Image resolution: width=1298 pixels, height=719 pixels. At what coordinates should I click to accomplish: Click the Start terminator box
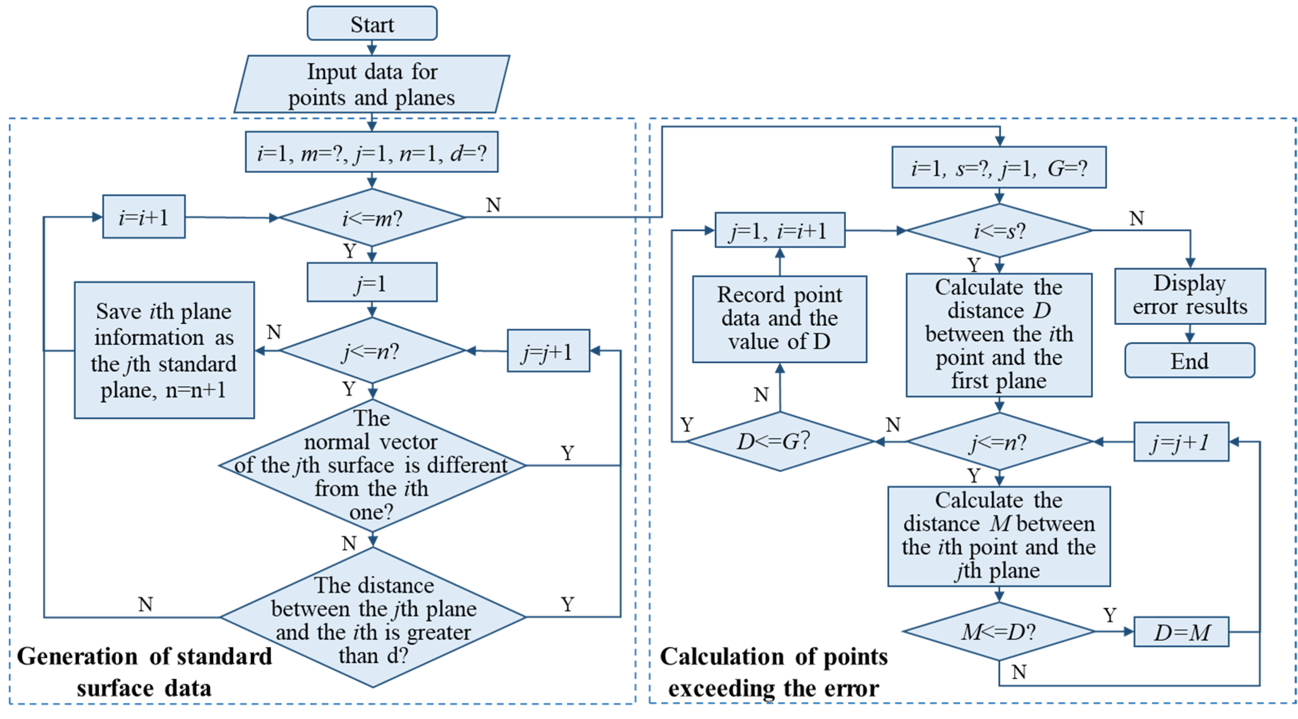click(x=372, y=24)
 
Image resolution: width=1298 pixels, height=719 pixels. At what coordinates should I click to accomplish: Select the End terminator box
click(x=1189, y=361)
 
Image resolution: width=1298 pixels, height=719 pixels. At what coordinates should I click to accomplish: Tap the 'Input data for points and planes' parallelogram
click(x=372, y=84)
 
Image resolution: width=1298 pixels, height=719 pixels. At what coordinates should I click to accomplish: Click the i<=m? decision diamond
click(x=372, y=218)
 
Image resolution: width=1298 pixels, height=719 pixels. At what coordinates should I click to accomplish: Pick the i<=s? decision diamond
click(x=999, y=231)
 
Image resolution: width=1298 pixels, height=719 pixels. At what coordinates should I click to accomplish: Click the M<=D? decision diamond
click(x=998, y=632)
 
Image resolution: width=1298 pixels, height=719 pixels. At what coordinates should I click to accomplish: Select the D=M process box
click(x=1181, y=632)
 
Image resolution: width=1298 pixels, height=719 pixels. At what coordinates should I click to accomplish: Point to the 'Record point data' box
click(x=779, y=318)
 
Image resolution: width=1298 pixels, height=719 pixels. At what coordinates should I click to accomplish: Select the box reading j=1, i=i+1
click(x=779, y=231)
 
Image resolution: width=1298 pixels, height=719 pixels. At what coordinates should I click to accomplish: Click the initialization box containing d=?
click(x=372, y=153)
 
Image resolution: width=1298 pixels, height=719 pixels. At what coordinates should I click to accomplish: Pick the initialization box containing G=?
click(x=999, y=168)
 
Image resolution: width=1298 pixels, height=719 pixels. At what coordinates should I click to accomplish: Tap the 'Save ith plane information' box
click(x=164, y=350)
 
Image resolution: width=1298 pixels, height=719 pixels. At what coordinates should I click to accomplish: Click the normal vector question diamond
click(x=372, y=465)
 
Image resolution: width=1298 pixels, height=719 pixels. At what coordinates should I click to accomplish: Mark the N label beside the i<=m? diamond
click(x=493, y=205)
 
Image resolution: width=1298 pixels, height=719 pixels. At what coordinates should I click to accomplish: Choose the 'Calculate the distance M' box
click(x=999, y=536)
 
